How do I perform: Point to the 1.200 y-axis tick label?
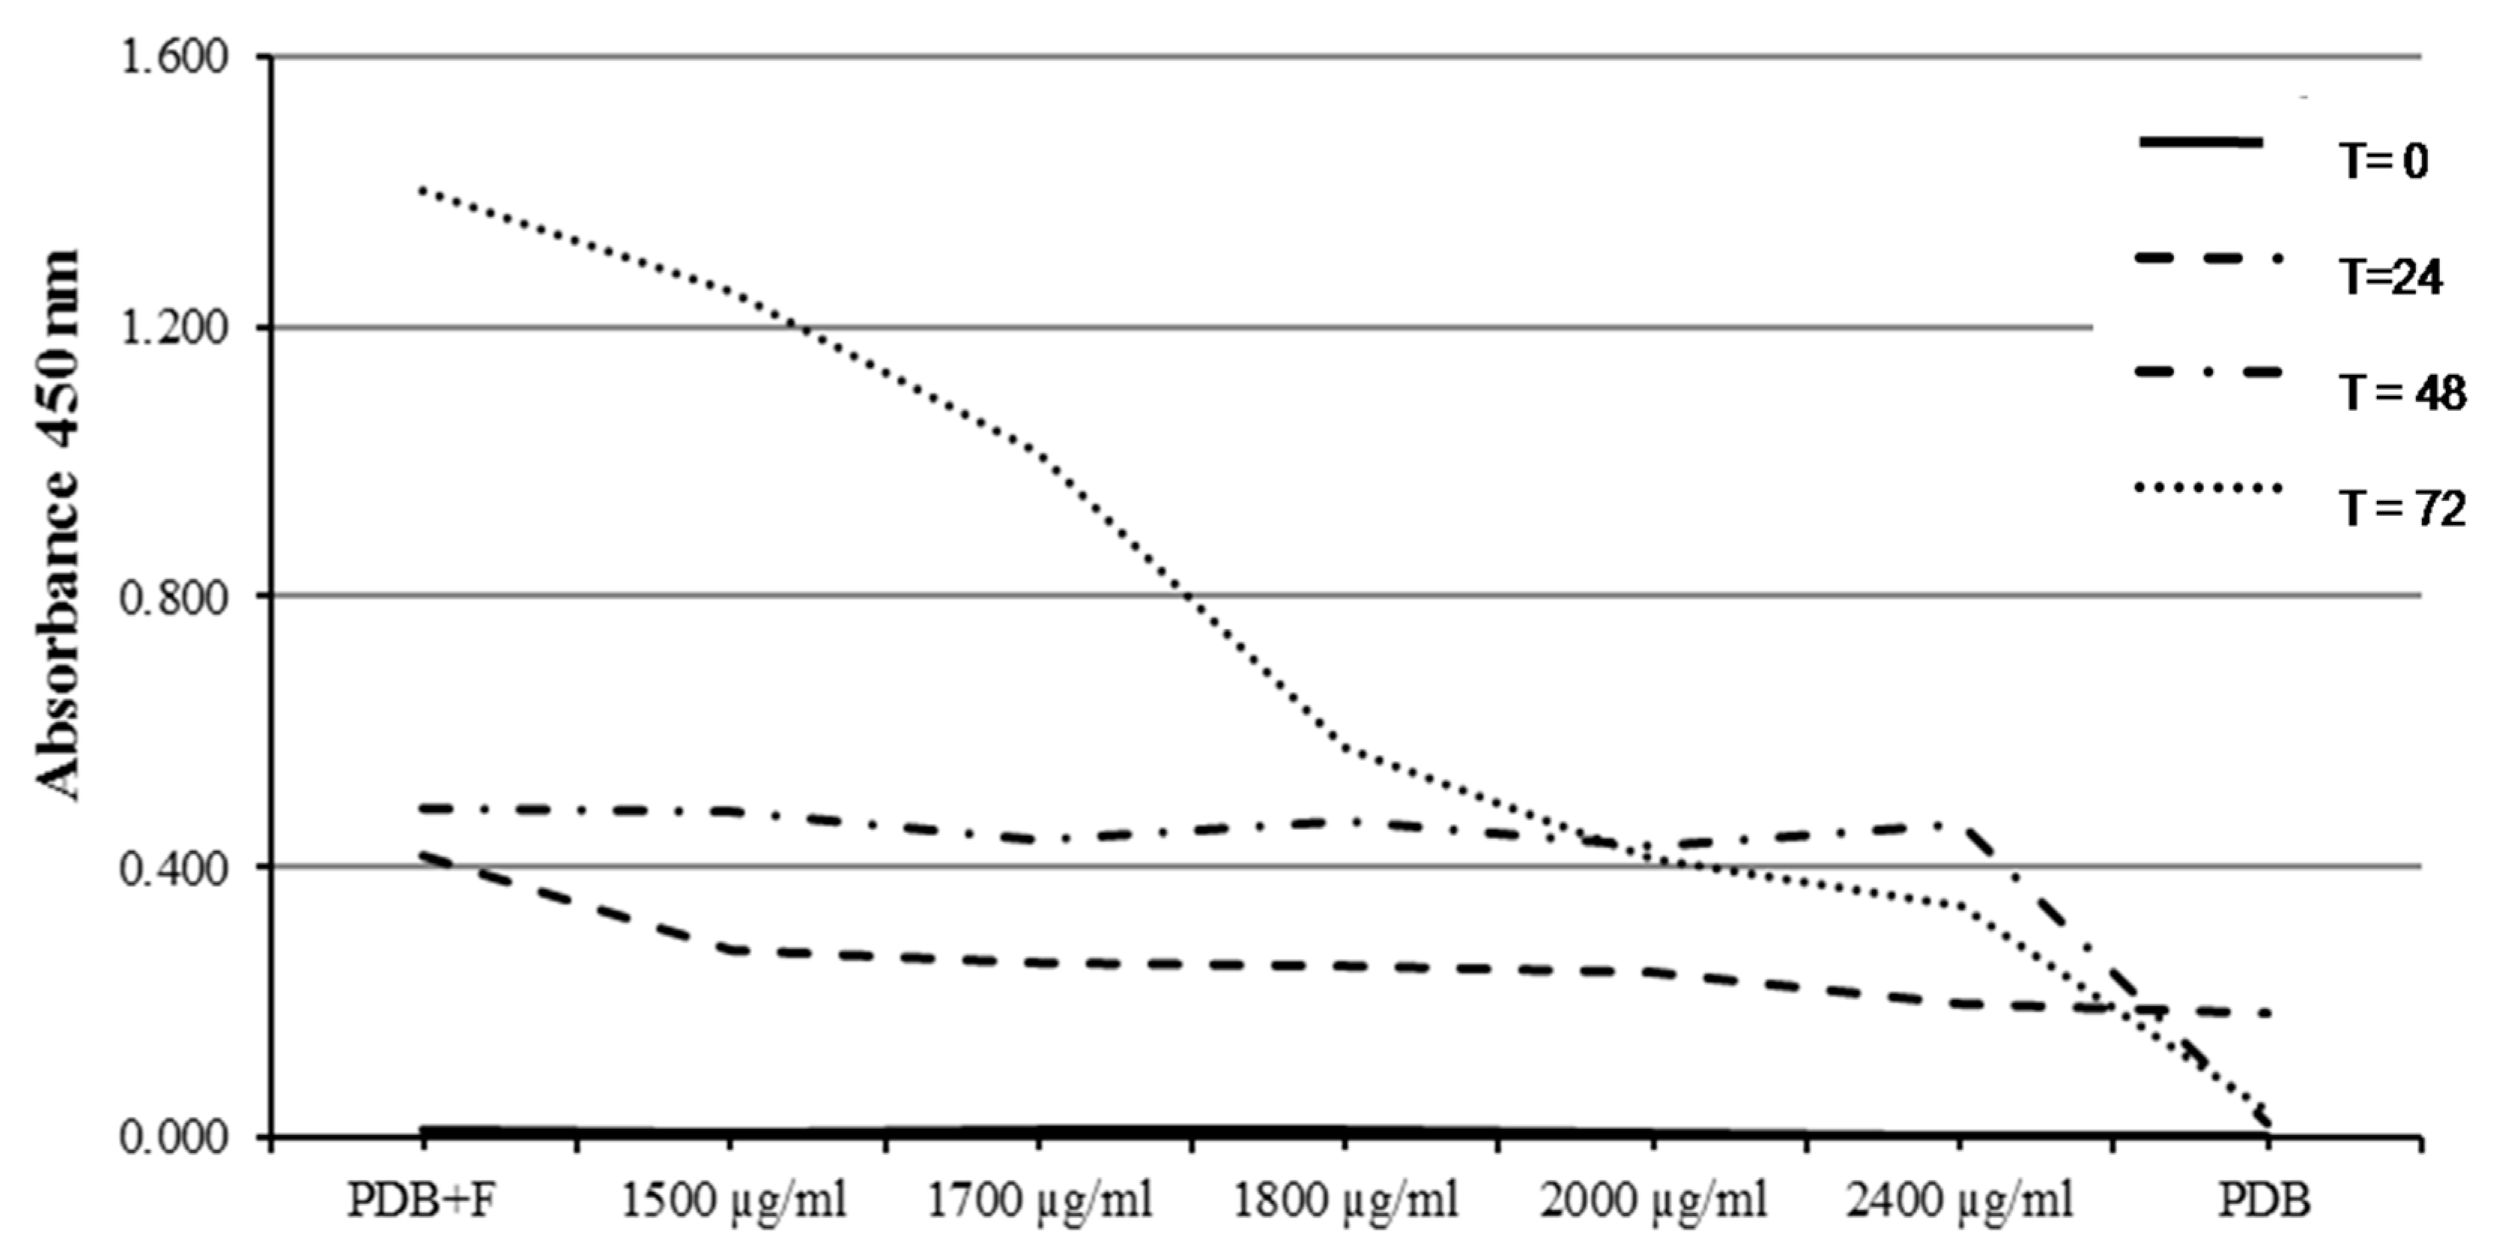pyautogui.click(x=172, y=328)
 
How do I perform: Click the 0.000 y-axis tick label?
pyautogui.click(x=172, y=1137)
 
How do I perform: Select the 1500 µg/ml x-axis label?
pyautogui.click(x=732, y=1201)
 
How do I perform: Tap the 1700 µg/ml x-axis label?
pyautogui.click(x=1040, y=1201)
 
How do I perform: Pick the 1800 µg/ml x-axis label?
pyautogui.click(x=1345, y=1201)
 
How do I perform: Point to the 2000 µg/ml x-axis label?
pyautogui.click(x=1653, y=1201)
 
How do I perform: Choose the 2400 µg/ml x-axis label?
pyautogui.click(x=1961, y=1201)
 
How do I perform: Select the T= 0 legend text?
pyautogui.click(x=2384, y=161)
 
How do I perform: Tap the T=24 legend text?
pyautogui.click(x=2390, y=278)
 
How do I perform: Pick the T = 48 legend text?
pyautogui.click(x=2401, y=393)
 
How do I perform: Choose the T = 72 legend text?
pyautogui.click(x=2401, y=509)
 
